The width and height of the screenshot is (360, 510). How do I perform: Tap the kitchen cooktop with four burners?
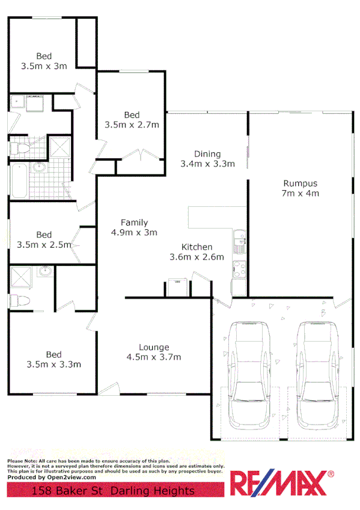239,270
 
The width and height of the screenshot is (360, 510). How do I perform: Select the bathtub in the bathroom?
17,180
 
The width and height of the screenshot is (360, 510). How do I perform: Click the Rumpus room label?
300,183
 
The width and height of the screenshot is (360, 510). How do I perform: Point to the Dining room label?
207,154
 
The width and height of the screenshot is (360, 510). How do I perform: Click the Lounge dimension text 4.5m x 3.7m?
154,357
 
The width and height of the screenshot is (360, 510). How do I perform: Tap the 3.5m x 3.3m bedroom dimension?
54,364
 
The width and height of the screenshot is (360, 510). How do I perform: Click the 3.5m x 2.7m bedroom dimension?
132,125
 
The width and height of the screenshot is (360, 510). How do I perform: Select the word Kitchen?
197,247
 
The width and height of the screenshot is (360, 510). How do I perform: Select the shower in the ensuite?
21,277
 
